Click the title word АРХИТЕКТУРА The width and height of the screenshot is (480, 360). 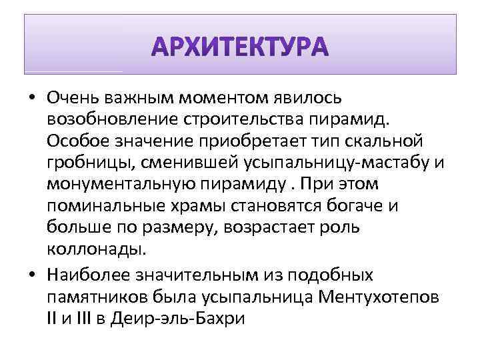[240, 48]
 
